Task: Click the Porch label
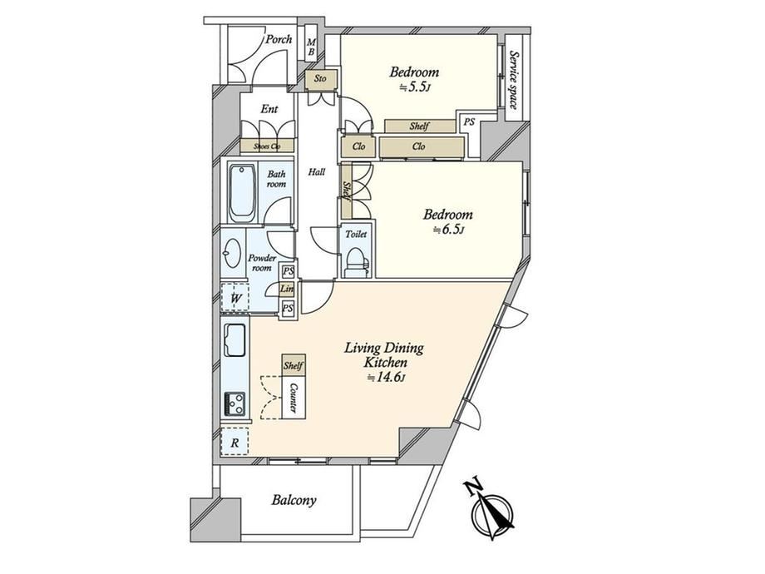[279, 40]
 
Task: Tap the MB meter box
[311, 48]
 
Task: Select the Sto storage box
[320, 78]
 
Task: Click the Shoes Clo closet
[268, 146]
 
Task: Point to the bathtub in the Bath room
[242, 193]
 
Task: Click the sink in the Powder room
[233, 254]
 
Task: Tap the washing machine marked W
[235, 298]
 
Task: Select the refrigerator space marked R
[234, 443]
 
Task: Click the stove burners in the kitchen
[234, 404]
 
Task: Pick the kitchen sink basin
[234, 340]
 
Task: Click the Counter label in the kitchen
[294, 398]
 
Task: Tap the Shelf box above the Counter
[294, 365]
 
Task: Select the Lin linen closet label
[287, 289]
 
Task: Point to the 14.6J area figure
[386, 378]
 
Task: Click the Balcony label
[294, 500]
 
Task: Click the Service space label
[513, 80]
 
